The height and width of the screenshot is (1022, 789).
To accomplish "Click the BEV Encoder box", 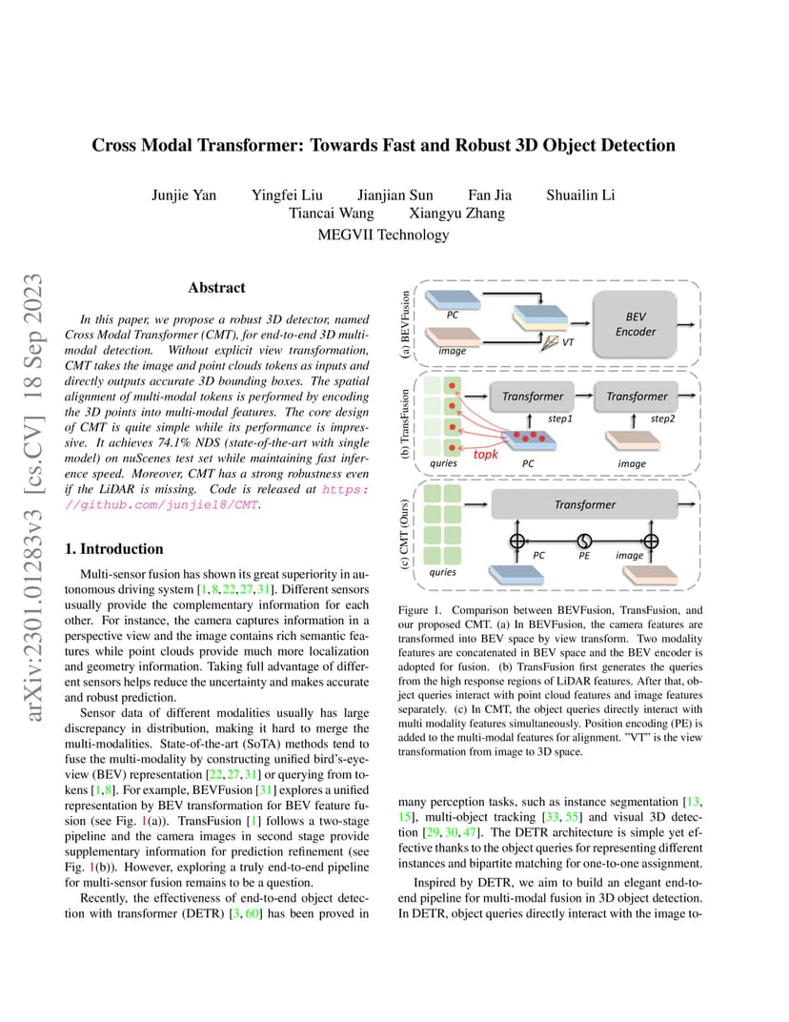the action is (635, 324).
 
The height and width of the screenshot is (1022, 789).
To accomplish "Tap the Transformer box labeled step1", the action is (532, 397).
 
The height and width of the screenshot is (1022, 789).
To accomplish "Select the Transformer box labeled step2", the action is (636, 397).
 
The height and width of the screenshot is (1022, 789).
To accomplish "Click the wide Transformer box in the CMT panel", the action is (584, 504).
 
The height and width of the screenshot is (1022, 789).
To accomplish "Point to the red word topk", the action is (485, 455).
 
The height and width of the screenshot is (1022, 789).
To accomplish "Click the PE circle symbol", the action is (584, 541).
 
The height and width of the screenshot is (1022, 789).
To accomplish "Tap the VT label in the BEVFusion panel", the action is (568, 341).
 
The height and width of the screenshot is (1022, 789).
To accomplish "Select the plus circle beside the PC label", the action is (517, 541).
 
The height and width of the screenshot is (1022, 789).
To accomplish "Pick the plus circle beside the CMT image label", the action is (650, 541).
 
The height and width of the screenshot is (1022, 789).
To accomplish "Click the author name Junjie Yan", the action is (184, 194).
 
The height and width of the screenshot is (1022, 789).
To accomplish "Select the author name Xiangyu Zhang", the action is (456, 214).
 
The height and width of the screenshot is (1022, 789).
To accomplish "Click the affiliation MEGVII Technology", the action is (383, 235).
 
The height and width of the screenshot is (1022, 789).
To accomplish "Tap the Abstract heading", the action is (217, 288).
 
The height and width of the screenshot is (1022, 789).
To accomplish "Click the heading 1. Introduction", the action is (114, 549).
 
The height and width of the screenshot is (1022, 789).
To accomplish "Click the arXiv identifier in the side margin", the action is (32, 498).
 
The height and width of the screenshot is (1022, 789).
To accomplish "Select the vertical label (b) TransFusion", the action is (405, 423).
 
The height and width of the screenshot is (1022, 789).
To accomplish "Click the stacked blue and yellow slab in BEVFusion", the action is (540, 318).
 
